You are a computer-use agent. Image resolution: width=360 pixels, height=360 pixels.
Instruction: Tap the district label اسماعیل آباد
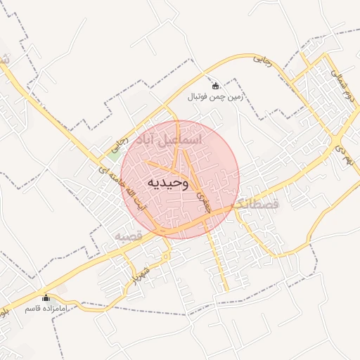pos(166,139)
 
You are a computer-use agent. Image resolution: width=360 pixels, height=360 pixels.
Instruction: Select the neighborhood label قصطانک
pos(255,205)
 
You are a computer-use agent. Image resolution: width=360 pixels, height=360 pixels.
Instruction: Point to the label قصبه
pos(129,236)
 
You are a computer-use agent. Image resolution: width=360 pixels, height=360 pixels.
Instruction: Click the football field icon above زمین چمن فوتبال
pos(215,86)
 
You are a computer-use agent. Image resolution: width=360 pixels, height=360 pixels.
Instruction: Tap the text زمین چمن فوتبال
pos(215,97)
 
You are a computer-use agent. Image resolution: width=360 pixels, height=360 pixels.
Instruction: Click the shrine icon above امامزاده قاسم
pos(46,297)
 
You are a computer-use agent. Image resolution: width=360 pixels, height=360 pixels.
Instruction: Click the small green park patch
pos(112,147)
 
